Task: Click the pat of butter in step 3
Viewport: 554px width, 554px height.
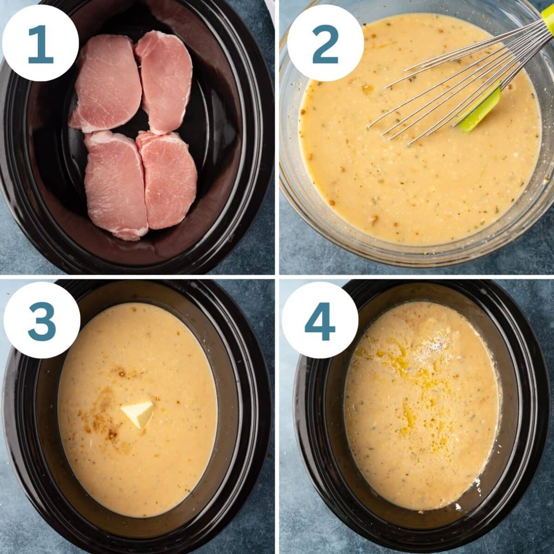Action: point(138,414)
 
